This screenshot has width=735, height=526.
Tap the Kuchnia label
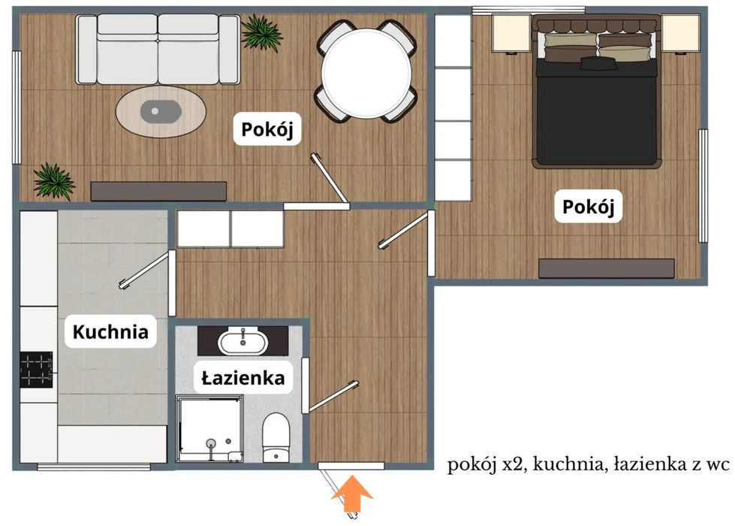pyautogui.click(x=110, y=331)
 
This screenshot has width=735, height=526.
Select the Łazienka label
pyautogui.click(x=243, y=377)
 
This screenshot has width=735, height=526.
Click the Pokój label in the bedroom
pyautogui.click(x=589, y=207)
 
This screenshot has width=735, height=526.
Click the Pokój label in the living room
pyautogui.click(x=267, y=129)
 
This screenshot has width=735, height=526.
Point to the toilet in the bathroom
pyautogui.click(x=276, y=437)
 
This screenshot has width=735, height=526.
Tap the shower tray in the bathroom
pyautogui.click(x=209, y=428)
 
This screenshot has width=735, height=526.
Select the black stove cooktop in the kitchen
pyautogui.click(x=36, y=369)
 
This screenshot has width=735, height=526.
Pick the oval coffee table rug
pyautogui.click(x=161, y=112)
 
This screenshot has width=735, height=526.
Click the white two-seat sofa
pyautogui.click(x=158, y=50)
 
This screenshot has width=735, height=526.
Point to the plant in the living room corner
pyautogui.click(x=54, y=181)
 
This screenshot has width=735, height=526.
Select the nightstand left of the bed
pyautogui.click(x=511, y=33)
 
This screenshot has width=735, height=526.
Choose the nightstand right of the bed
pyautogui.click(x=680, y=33)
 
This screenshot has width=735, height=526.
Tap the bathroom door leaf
pyautogui.click(x=333, y=397)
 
